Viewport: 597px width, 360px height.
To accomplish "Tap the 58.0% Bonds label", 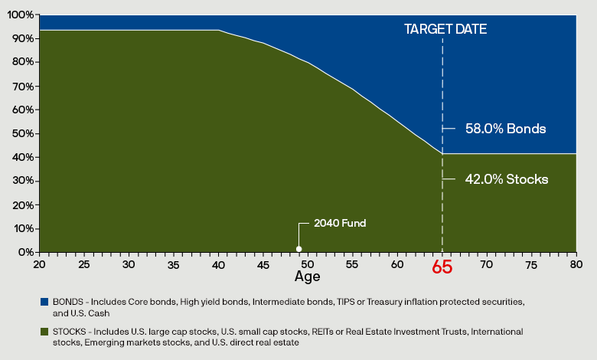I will (505, 129).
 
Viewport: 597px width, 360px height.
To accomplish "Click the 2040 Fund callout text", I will (340, 224).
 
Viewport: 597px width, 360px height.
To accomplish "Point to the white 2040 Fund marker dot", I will (299, 249).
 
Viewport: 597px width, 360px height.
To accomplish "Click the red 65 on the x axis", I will (442, 267).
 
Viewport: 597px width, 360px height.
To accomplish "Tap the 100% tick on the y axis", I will (21, 15).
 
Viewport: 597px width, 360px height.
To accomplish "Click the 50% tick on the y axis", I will (23, 133).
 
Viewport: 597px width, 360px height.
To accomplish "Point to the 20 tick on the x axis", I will (39, 263).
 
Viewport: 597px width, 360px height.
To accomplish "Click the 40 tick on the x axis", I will (218, 263).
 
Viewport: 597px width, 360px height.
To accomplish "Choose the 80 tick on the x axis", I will (576, 263).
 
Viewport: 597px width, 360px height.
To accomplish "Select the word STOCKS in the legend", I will (67, 332).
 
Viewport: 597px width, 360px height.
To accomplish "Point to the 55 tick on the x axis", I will (352, 263).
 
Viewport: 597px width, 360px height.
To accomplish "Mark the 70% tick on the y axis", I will (23, 86).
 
